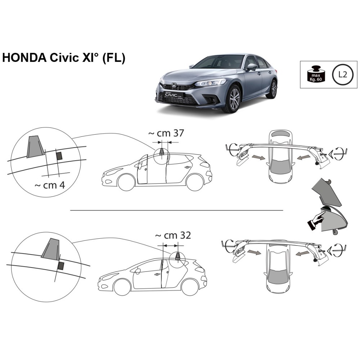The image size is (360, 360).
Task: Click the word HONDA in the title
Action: tap(24, 58)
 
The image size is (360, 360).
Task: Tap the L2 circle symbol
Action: tap(343, 75)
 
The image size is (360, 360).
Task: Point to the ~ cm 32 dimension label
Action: tap(173, 235)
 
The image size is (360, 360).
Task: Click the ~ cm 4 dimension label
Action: tap(50, 185)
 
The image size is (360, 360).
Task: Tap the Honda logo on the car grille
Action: tap(174, 86)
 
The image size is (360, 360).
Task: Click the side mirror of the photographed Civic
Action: tap(252, 67)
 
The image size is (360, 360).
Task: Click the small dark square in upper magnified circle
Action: tap(59, 156)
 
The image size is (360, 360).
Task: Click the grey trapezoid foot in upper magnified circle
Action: tap(35, 147)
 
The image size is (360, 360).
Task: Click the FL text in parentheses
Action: tap(113, 58)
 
